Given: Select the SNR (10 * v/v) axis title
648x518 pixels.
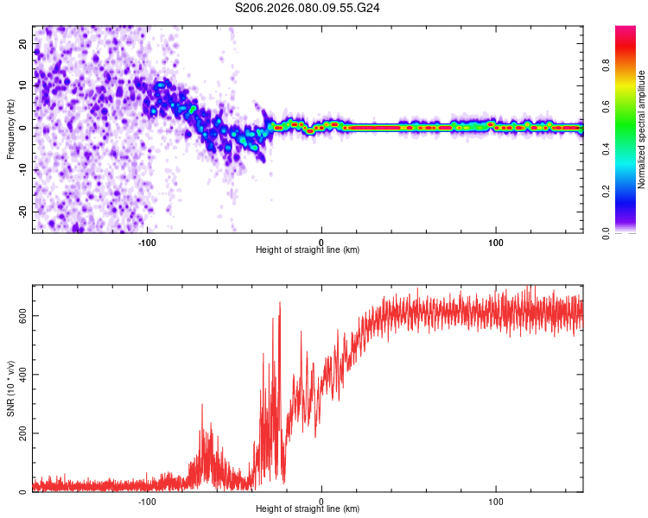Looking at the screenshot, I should click(x=10, y=388).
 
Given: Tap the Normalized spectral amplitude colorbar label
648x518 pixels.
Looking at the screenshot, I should click(x=642, y=129).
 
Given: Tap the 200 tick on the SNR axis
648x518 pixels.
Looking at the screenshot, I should click(x=20, y=433).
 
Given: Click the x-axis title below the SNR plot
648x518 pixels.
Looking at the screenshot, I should click(x=308, y=511).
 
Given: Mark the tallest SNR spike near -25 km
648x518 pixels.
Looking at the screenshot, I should click(x=280, y=303).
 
